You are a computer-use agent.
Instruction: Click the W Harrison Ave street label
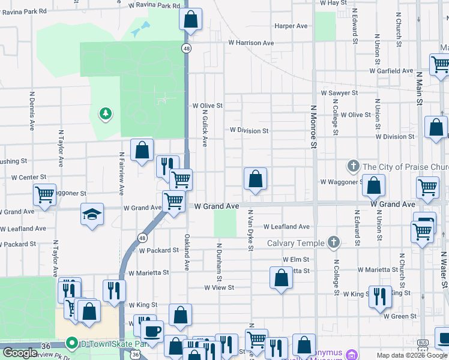click(250, 43)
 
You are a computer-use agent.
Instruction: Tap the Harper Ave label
click(291, 26)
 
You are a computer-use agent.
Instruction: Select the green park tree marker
click(106, 113)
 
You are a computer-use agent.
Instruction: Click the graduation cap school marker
click(91, 215)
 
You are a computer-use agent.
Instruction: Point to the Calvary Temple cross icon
click(334, 242)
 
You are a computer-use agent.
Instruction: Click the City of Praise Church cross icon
click(354, 166)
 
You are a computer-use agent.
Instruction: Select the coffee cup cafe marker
click(152, 331)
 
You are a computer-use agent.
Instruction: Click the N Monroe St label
click(313, 127)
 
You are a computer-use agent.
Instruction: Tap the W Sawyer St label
click(339, 93)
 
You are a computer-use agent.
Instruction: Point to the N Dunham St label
click(220, 262)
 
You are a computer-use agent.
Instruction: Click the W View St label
click(218, 288)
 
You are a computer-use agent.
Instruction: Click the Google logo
click(20, 353)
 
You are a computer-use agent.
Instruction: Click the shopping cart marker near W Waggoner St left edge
click(44, 194)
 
